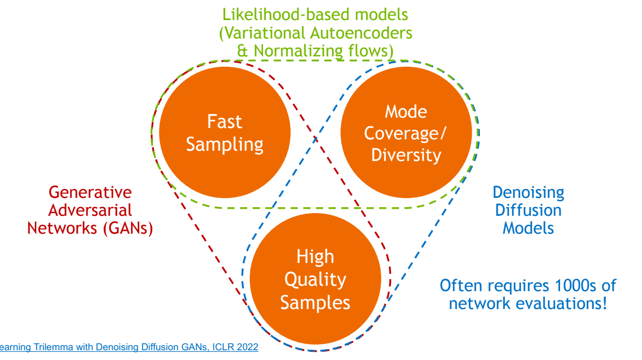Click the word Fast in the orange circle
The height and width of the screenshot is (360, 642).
tap(224, 121)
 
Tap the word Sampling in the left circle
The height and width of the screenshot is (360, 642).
tap(224, 145)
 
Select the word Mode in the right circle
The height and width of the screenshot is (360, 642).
tap(406, 112)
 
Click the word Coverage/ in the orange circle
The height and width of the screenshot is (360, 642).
tap(406, 134)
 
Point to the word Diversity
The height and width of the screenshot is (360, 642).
tap(406, 156)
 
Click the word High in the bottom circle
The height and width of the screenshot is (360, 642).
tap(315, 257)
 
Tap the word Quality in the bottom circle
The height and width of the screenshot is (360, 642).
tap(315, 280)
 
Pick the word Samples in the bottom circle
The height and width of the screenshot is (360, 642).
tap(315, 303)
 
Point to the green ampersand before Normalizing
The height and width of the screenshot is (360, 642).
tap(243, 51)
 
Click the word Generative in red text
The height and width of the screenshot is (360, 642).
tap(90, 192)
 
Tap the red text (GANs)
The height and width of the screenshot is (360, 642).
tap(127, 228)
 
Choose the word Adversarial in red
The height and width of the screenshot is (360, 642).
tap(90, 210)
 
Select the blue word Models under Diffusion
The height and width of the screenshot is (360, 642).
tap(528, 228)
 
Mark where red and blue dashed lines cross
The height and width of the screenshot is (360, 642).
tap(315, 139)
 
